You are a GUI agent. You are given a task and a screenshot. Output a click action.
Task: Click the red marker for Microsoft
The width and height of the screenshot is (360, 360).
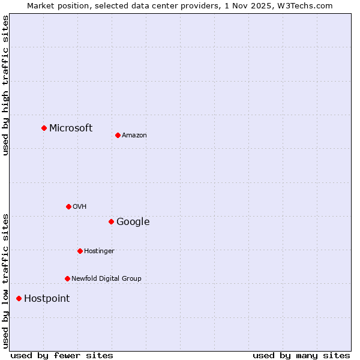click(x=44, y=128)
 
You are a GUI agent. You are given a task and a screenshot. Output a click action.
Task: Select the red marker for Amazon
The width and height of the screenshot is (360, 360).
click(x=118, y=135)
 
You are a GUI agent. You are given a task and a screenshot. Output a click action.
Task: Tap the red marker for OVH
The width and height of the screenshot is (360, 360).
click(x=68, y=206)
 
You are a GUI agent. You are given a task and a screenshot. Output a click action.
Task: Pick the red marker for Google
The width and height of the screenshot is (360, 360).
click(x=111, y=221)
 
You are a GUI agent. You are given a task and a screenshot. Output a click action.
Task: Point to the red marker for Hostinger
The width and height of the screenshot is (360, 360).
click(x=80, y=251)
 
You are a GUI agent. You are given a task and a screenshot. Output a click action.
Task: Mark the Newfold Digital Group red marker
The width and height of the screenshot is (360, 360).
click(x=67, y=278)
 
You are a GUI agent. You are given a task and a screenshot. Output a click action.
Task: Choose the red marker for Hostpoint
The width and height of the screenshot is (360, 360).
click(x=19, y=298)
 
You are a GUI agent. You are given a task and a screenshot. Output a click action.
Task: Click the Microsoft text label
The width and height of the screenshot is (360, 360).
click(x=71, y=128)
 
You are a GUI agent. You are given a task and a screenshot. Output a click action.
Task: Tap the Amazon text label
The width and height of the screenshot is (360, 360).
click(x=134, y=136)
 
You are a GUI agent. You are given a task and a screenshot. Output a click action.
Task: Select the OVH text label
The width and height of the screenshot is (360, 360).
click(x=80, y=207)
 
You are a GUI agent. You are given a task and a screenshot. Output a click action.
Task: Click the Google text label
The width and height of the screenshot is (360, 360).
click(x=133, y=222)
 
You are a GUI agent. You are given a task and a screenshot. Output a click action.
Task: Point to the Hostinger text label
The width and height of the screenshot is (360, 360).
click(x=99, y=251)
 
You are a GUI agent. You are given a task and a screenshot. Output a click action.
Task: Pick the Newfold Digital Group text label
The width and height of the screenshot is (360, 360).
click(x=106, y=279)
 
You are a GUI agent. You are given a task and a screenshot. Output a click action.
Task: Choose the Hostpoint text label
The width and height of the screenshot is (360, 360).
click(x=47, y=299)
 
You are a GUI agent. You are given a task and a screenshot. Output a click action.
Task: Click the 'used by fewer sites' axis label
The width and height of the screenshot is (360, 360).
click(x=62, y=355)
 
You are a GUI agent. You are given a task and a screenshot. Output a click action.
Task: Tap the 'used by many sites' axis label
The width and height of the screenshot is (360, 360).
click(x=301, y=355)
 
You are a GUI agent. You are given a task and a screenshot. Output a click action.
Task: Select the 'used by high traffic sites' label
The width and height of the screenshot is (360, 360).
click(x=5, y=85)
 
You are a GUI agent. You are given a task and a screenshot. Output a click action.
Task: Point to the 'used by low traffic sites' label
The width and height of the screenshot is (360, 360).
click(x=5, y=280)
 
